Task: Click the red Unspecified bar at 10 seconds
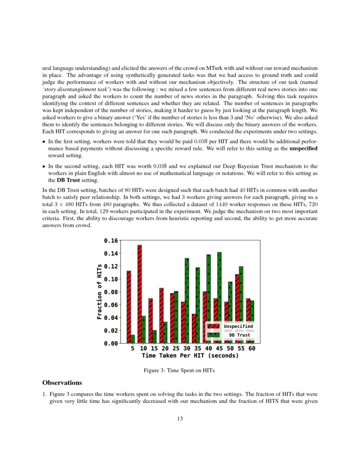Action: [x=139, y=294]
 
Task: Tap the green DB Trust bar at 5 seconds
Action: [x=133, y=339]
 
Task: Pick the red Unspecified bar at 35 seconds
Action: [x=194, y=328]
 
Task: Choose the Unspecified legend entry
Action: [x=231, y=326]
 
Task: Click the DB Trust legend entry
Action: [x=231, y=335]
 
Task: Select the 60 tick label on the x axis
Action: [x=252, y=349]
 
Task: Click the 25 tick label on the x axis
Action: [x=176, y=349]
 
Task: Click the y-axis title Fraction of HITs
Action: [x=100, y=291]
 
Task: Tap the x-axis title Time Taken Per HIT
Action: [x=190, y=356]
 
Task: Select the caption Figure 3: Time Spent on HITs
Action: [x=180, y=371]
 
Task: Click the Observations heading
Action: [x=61, y=383]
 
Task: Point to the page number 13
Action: [x=180, y=419]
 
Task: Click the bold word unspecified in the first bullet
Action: [x=303, y=149]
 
